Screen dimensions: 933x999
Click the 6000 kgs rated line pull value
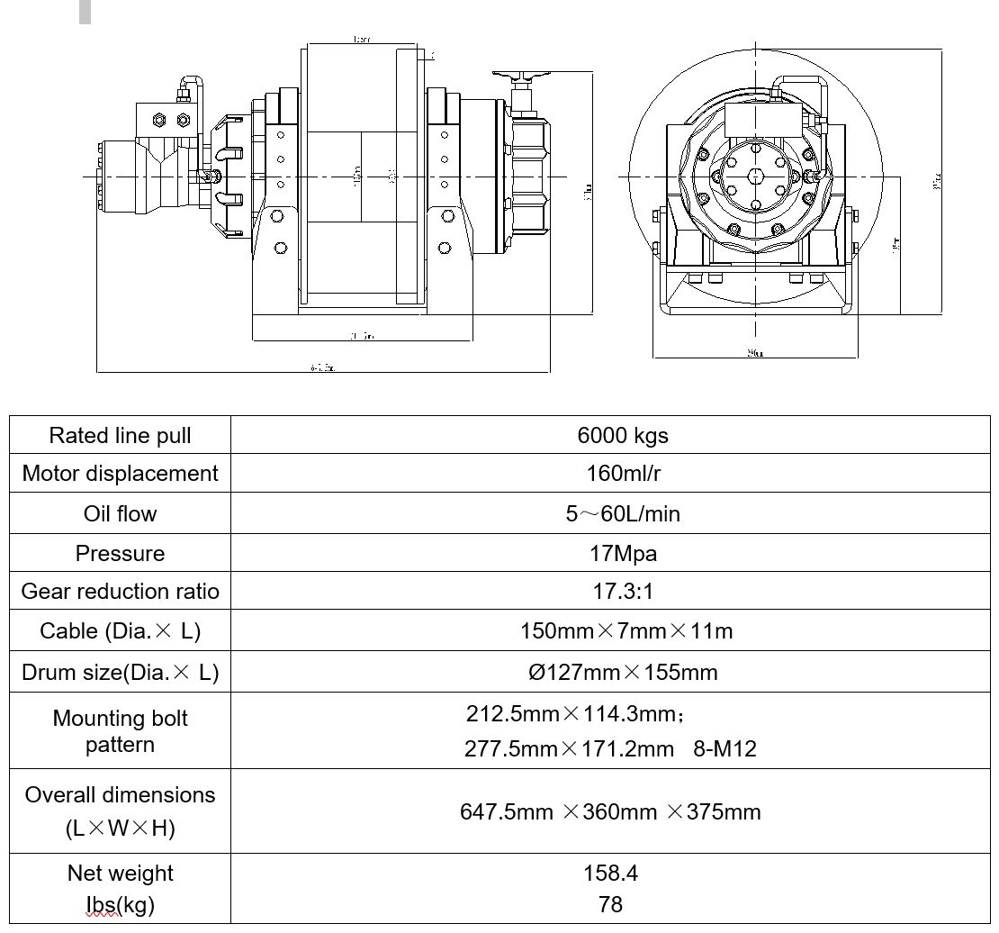622,436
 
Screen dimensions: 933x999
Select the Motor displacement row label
120,474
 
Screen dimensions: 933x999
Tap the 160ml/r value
622,474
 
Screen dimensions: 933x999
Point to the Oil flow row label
120,513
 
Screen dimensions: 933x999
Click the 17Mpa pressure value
622,553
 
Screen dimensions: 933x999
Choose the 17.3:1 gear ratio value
622,592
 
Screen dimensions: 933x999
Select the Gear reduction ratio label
120,592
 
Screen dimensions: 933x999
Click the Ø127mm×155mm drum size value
622,672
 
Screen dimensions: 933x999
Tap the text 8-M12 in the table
724,748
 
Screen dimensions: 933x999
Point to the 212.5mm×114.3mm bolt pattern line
574,714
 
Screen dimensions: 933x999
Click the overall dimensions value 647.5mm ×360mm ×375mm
610,811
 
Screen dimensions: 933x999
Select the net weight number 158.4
610,873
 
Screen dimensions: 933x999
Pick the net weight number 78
610,904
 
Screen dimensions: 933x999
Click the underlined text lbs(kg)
120,904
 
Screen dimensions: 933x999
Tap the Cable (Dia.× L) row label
120,630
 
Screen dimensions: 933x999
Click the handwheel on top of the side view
520,77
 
